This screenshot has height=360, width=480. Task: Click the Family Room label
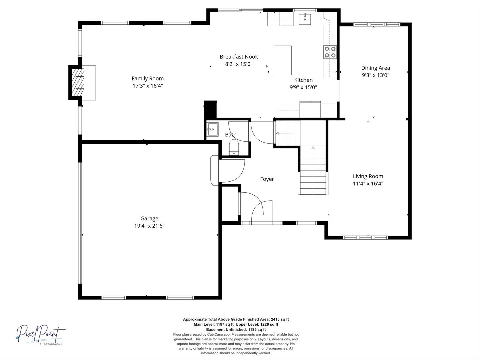(148, 78)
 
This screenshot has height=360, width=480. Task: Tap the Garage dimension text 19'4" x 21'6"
(149, 226)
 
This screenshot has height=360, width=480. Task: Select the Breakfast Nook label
(239, 57)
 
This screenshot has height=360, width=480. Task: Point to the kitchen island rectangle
(283, 60)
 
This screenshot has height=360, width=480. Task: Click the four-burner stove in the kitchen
(330, 52)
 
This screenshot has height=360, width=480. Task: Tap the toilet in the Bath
(234, 147)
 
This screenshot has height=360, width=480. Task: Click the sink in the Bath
(212, 129)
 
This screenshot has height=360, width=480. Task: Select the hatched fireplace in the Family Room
(78, 82)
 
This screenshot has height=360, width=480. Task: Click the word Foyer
(267, 179)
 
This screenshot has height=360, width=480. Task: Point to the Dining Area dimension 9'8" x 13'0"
(375, 75)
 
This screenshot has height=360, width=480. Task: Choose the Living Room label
(368, 176)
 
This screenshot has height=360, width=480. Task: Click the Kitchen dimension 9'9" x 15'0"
(303, 87)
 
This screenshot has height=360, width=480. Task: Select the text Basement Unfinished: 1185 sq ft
(236, 329)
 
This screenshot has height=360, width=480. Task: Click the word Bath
(231, 135)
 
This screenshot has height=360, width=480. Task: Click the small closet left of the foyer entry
(230, 204)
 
